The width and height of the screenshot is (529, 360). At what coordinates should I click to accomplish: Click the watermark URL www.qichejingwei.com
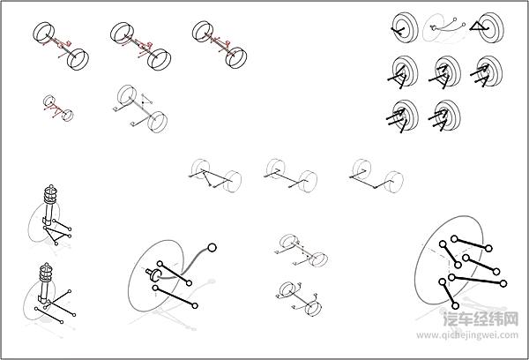467,335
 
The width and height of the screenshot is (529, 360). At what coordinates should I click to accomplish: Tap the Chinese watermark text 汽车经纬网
481,319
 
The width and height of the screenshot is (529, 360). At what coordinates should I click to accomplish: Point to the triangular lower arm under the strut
57,235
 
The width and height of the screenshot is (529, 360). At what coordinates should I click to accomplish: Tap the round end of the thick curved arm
212,248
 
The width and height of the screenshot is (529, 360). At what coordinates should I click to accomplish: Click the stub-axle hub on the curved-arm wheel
153,274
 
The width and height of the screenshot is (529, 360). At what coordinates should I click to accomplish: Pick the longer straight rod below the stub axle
175,296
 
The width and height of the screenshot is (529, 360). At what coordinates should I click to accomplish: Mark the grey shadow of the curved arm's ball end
211,281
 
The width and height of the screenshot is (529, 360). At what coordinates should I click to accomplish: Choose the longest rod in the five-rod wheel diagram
477,281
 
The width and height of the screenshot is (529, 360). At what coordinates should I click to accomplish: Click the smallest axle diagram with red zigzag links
58,108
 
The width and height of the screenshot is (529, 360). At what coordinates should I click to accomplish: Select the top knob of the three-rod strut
46,264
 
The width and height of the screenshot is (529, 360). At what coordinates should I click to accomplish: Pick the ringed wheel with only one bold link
405,27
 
